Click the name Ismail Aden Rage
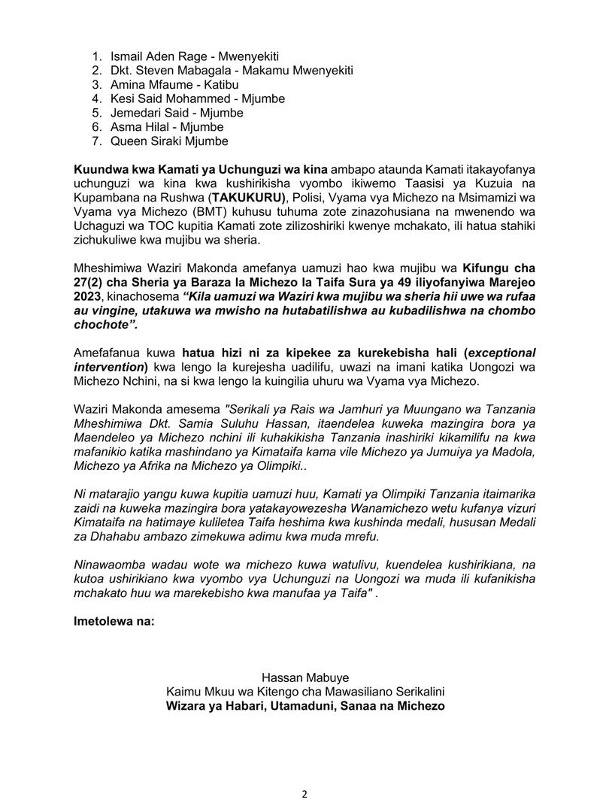(x=153, y=56)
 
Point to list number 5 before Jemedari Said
(x=97, y=113)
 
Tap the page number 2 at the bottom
(x=305, y=793)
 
